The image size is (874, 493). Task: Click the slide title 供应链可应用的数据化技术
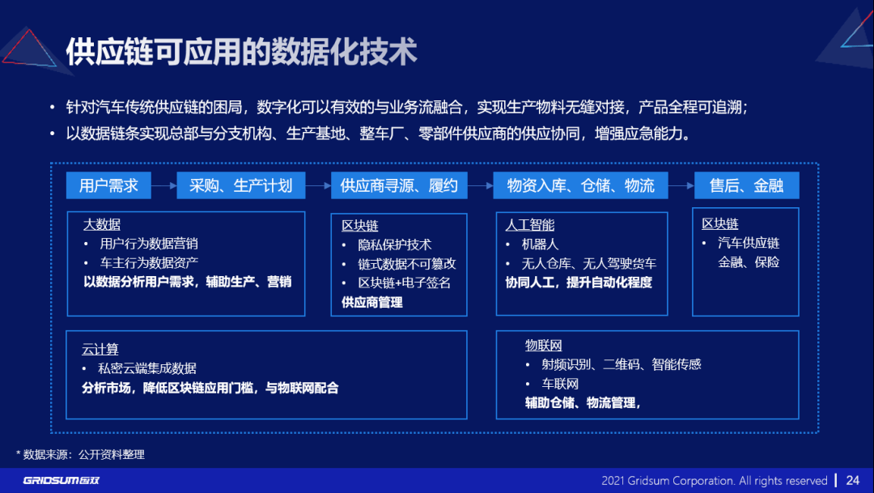coord(240,52)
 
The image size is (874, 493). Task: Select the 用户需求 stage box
coord(108,185)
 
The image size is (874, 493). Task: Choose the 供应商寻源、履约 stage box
coord(399,185)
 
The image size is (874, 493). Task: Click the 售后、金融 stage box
coord(746,185)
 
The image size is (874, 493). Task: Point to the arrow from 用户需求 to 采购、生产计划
coord(164,185)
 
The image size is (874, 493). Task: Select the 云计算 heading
coord(100,349)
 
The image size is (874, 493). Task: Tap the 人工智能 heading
coord(529,225)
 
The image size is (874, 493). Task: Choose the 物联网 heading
coord(543,346)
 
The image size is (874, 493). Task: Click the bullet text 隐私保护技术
coord(394,244)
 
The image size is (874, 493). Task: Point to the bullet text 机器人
coord(540,244)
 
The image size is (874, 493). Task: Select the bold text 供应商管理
coord(371,302)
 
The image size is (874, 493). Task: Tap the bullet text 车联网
coord(560,384)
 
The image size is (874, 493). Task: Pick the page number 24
coord(853,480)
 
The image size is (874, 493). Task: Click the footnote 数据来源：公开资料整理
coord(83,454)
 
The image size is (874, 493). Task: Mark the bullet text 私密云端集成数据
coord(147,368)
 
